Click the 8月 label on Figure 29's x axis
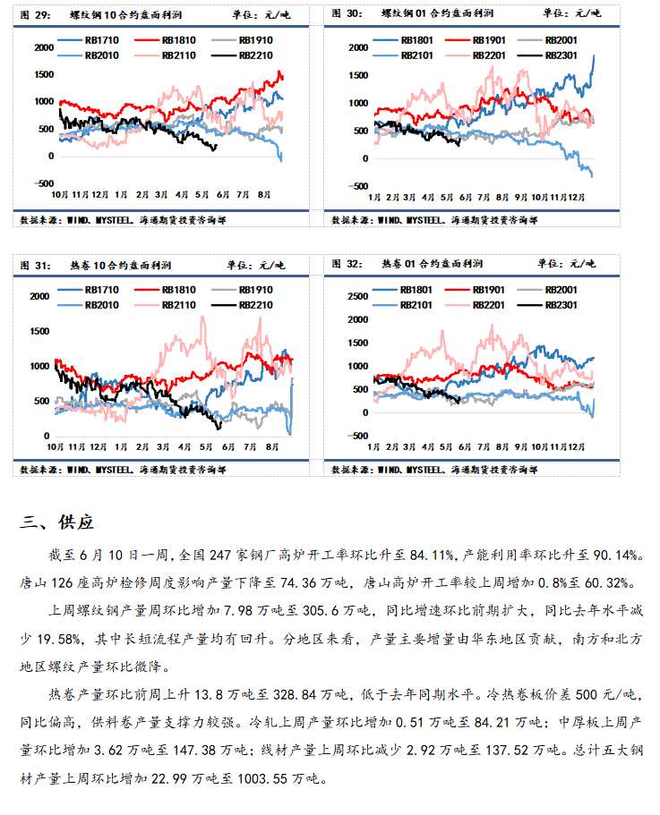(264, 193)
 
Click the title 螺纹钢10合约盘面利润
(116, 13)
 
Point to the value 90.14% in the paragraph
(617, 556)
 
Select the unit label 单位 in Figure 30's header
(551, 13)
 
